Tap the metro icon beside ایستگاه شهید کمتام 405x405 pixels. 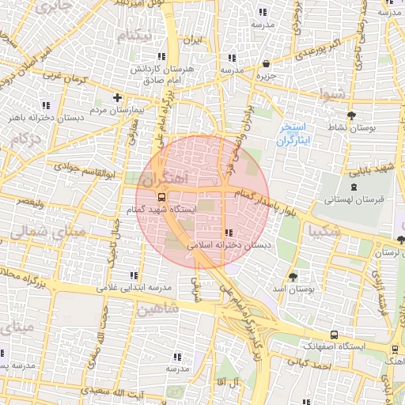pos(161,196)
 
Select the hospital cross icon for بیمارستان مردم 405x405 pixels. pos(117,98)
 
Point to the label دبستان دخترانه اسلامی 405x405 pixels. pos(229,245)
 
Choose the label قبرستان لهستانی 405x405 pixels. pos(354,200)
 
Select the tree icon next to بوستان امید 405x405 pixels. pos(294,276)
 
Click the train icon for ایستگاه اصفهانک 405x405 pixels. pos(335,335)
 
